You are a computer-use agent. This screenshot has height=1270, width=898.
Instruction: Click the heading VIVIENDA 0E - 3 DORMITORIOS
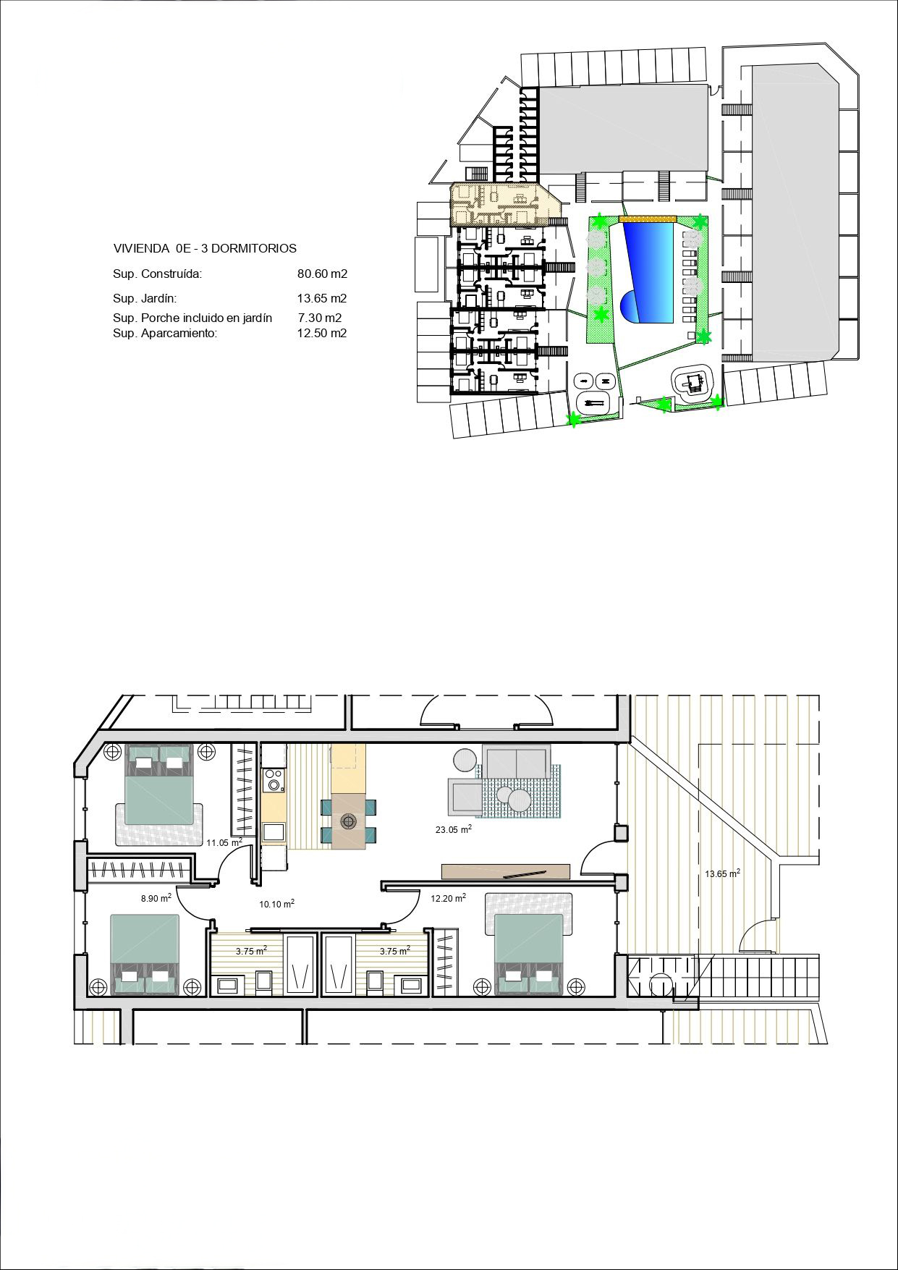click(x=205, y=248)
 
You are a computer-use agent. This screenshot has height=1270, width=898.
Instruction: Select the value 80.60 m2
click(x=322, y=274)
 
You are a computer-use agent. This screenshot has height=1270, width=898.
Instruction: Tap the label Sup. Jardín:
click(x=145, y=298)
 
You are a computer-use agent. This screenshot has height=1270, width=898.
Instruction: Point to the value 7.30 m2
click(x=320, y=318)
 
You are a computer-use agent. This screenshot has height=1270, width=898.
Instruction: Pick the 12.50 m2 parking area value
click(x=322, y=334)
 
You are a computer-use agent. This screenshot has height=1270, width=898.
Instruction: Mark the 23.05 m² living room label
click(x=454, y=829)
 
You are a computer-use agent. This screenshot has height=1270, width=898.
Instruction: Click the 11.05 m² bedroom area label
click(x=224, y=842)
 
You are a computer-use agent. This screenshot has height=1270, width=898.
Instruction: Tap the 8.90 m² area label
click(x=156, y=898)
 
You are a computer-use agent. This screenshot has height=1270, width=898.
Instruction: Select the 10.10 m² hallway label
click(x=276, y=904)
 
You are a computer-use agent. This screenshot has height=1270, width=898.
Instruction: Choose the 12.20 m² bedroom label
click(x=448, y=898)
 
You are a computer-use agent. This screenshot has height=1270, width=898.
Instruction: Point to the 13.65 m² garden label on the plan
click(x=722, y=873)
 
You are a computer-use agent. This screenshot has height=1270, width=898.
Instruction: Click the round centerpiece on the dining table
click(x=350, y=821)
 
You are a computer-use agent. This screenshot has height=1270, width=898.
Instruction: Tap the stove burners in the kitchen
click(x=274, y=779)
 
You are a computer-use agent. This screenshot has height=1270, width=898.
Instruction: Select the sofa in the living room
click(x=517, y=762)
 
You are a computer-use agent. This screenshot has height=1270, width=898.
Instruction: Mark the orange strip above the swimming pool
click(x=647, y=218)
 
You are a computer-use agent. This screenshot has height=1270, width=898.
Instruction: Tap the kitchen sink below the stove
click(x=274, y=831)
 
